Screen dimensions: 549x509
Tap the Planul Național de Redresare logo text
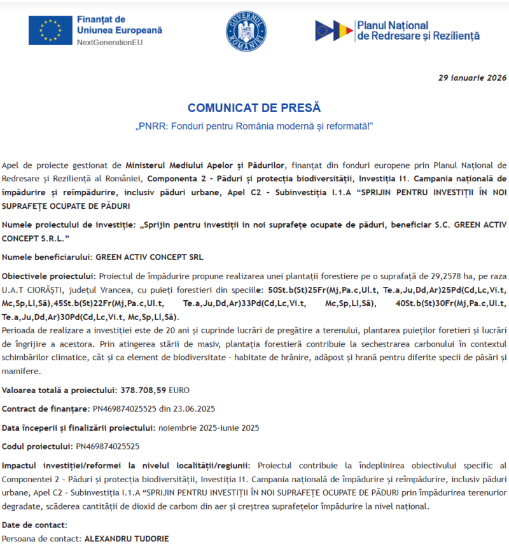[x=418, y=31]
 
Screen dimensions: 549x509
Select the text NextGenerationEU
[x=109, y=43]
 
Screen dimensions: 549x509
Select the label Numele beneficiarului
[x=47, y=258]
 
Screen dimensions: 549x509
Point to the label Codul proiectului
[x=38, y=447]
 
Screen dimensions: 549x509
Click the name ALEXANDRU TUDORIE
[x=127, y=538]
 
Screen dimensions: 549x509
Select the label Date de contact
[x=34, y=525]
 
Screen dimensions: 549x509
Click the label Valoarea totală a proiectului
[x=57, y=389]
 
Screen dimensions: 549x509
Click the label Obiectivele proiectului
[x=48, y=276]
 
